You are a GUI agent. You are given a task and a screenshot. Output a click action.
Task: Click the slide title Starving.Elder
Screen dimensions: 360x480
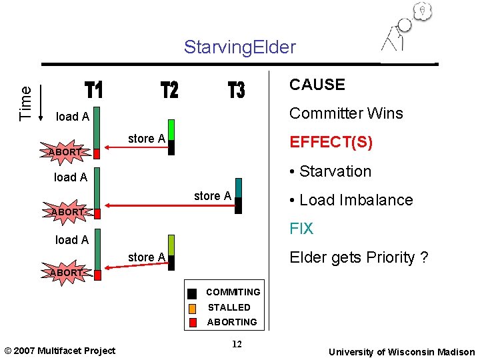pyautogui.click(x=239, y=47)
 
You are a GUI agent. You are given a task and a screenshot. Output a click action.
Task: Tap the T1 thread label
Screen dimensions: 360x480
pyautogui.click(x=94, y=90)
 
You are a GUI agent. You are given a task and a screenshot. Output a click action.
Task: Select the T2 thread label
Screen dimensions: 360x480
pyautogui.click(x=170, y=90)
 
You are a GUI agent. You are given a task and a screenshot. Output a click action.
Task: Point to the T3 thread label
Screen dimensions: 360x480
pyautogui.click(x=236, y=90)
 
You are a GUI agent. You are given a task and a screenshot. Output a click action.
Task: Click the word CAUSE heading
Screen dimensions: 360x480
pyautogui.click(x=317, y=85)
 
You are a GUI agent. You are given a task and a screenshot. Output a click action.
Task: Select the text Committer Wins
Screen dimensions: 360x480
pyautogui.click(x=345, y=113)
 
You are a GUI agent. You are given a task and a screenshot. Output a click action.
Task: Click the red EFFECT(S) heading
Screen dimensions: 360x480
pyautogui.click(x=331, y=143)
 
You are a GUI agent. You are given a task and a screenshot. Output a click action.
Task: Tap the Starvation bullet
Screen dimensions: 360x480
pyautogui.click(x=330, y=171)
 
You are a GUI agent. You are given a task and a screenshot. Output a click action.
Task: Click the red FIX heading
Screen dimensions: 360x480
pyautogui.click(x=301, y=229)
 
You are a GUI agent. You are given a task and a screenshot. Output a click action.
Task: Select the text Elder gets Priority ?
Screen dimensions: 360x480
pyautogui.click(x=358, y=258)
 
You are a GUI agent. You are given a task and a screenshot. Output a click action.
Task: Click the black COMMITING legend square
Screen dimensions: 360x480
pyautogui.click(x=192, y=293)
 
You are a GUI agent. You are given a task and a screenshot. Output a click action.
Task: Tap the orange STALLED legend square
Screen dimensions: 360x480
pyautogui.click(x=192, y=308)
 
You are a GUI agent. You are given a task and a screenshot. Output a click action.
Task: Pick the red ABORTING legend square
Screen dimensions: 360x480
pyautogui.click(x=192, y=323)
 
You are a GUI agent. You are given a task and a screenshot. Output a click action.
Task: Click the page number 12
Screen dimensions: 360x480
pyautogui.click(x=235, y=344)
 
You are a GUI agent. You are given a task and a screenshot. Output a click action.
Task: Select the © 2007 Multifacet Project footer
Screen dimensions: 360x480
pyautogui.click(x=59, y=351)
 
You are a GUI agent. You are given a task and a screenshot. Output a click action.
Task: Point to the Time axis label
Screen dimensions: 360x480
pyautogui.click(x=25, y=103)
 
